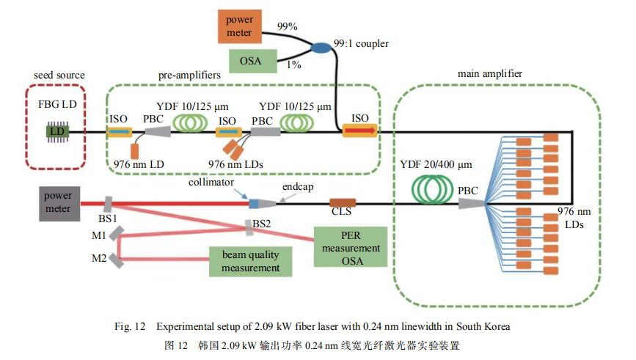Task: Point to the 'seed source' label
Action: click(59, 75)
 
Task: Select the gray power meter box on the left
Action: click(57, 202)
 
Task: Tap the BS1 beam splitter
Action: click(108, 203)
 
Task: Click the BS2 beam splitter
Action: click(250, 227)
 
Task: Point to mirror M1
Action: click(118, 235)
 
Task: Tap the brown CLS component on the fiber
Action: click(342, 202)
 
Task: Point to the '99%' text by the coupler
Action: click(287, 26)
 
